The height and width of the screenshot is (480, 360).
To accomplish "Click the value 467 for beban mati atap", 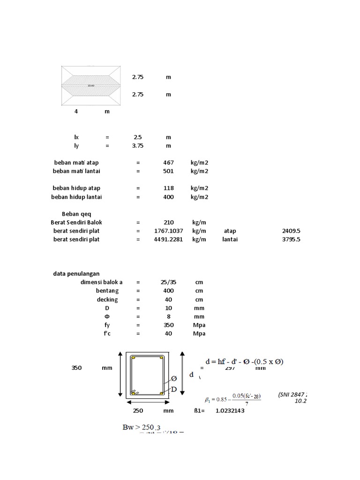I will pos(168,163).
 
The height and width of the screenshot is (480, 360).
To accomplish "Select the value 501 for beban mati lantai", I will pos(168,171).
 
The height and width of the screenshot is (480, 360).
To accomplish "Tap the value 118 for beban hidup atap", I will pos(168,188).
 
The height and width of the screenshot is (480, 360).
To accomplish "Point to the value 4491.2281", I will pos(168,240).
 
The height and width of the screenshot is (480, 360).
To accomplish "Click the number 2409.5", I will pos(291,231).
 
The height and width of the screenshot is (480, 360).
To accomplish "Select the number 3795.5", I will pos(291,240).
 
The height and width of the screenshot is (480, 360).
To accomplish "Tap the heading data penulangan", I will pos(76,274).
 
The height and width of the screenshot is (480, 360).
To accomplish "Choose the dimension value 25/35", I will pos(168,283).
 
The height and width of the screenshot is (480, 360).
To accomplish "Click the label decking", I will pos(107,300).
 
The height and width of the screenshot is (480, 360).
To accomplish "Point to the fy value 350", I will pos(168,325).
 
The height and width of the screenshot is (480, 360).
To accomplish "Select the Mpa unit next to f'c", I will pos(199,334).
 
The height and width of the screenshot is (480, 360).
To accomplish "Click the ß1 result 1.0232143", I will pos(230,411).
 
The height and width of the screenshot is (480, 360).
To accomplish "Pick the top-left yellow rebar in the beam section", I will pos(134,358).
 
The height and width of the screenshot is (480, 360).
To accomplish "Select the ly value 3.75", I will pos(137,146).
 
